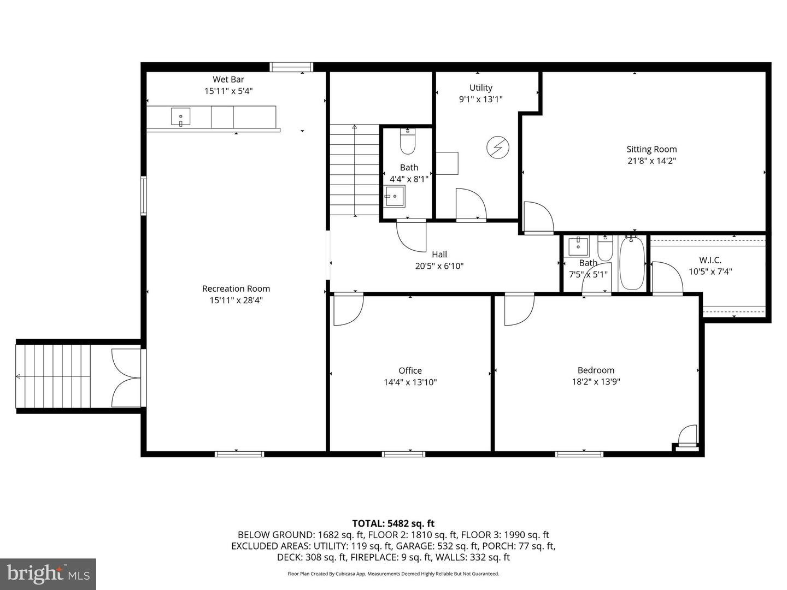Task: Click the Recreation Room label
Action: click(236, 288)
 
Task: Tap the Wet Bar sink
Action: click(180, 117)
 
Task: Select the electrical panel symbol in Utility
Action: click(498, 147)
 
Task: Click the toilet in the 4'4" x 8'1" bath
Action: click(408, 142)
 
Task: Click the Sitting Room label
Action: click(651, 149)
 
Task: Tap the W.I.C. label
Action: click(710, 260)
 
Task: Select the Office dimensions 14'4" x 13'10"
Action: click(410, 382)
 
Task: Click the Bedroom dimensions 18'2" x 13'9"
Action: click(596, 382)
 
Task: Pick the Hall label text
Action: click(439, 254)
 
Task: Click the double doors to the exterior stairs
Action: click(127, 377)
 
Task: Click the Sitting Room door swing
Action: click(538, 217)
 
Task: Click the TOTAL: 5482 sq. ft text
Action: click(393, 523)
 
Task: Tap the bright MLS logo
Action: click(48, 574)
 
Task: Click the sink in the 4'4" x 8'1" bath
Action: click(395, 196)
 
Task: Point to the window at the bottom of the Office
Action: click(403, 453)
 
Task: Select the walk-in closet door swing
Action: click(667, 277)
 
